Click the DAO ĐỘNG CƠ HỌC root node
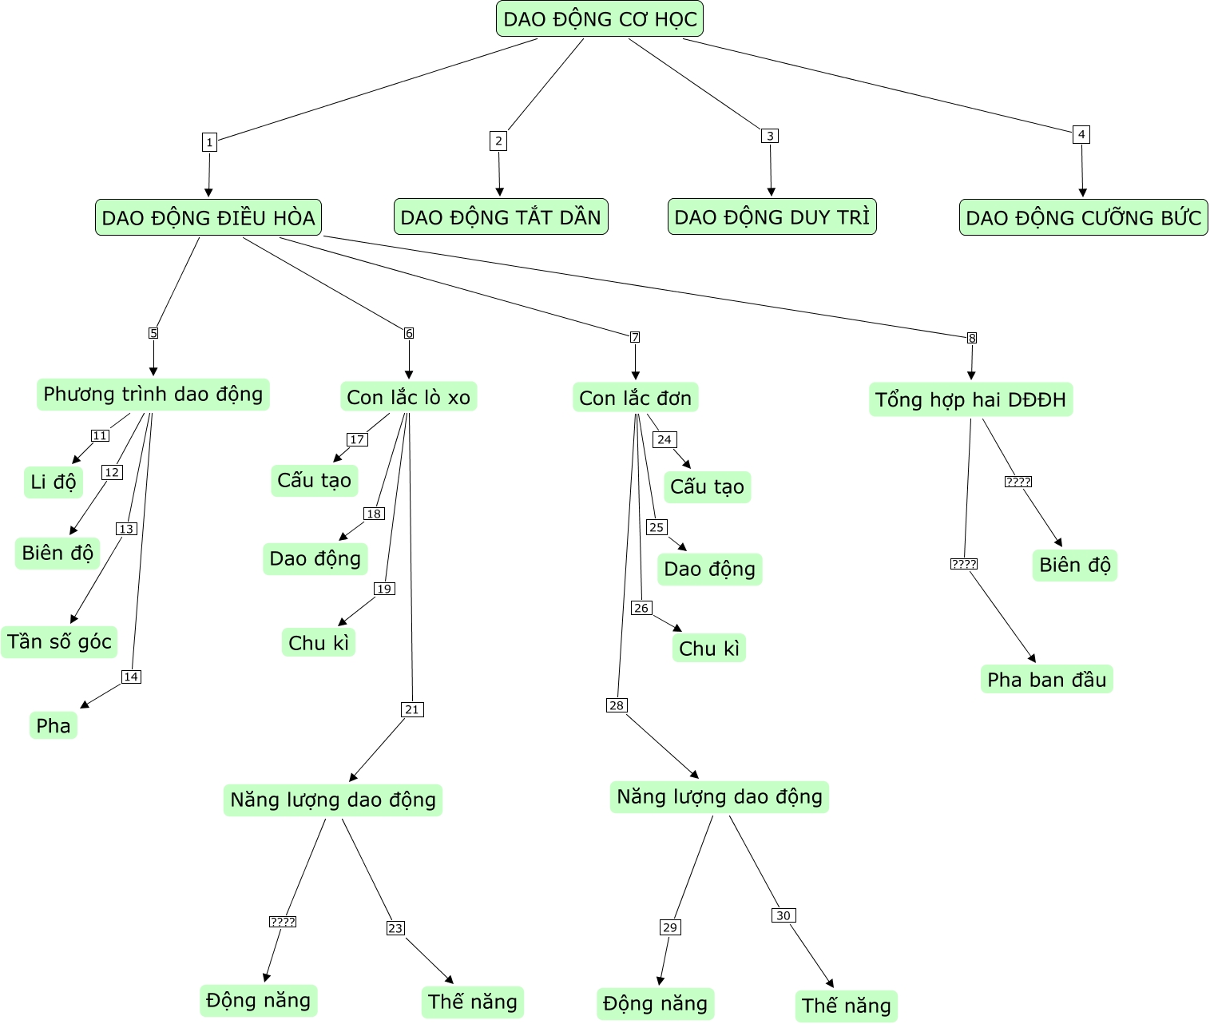tap(600, 19)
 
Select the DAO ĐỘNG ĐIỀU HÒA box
tap(208, 217)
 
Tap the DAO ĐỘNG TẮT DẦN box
tap(501, 216)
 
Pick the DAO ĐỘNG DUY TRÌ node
tap(772, 216)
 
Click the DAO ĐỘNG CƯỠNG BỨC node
tap(1083, 217)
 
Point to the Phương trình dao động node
tap(153, 394)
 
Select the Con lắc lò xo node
tap(409, 397)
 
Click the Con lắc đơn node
tap(636, 398)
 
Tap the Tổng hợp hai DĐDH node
tap(970, 399)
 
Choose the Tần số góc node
tap(59, 641)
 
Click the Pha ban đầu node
tap(1046, 679)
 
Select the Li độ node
tap(54, 482)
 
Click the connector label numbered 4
tap(1081, 134)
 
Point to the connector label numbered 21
tap(412, 709)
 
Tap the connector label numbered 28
tap(617, 705)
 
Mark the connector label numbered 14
tap(131, 677)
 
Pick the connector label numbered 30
tap(784, 915)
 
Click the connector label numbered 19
tap(384, 589)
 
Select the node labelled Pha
tap(54, 725)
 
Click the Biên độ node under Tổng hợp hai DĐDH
tap(1074, 565)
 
